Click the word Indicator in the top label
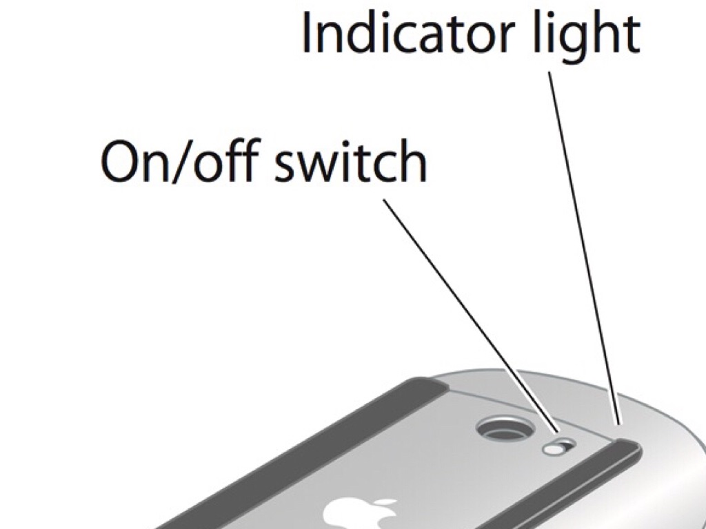pos(408,32)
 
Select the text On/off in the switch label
pos(180,160)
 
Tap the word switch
pos(350,160)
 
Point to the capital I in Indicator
pos(306,32)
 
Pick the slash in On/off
pos(182,161)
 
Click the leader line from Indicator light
pos(584,248)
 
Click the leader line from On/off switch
pos(471,315)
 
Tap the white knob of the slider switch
pos(554,449)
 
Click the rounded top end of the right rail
pos(628,446)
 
